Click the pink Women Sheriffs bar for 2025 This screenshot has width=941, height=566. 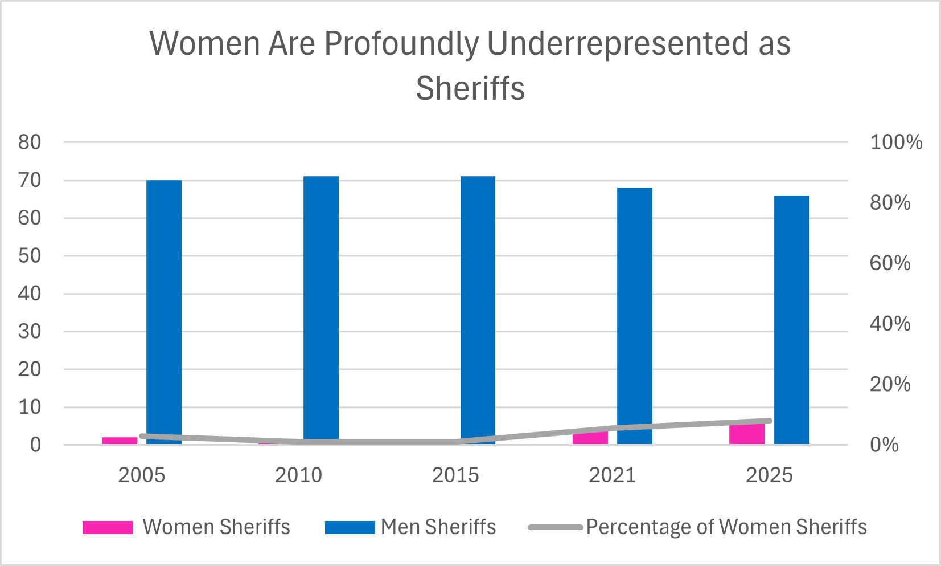point(747,434)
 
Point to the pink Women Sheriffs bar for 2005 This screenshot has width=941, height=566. point(120,440)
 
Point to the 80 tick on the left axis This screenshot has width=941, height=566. point(30,142)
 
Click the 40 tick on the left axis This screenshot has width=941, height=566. point(30,294)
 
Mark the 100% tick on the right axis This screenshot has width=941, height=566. point(896,142)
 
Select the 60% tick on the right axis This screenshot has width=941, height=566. point(890,263)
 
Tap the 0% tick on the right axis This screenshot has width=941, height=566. point(884,445)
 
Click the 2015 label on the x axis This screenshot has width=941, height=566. point(455,475)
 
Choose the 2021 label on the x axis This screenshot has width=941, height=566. point(612,475)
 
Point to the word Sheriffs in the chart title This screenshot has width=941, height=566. point(470,89)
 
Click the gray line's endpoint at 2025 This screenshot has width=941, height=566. point(769,421)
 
